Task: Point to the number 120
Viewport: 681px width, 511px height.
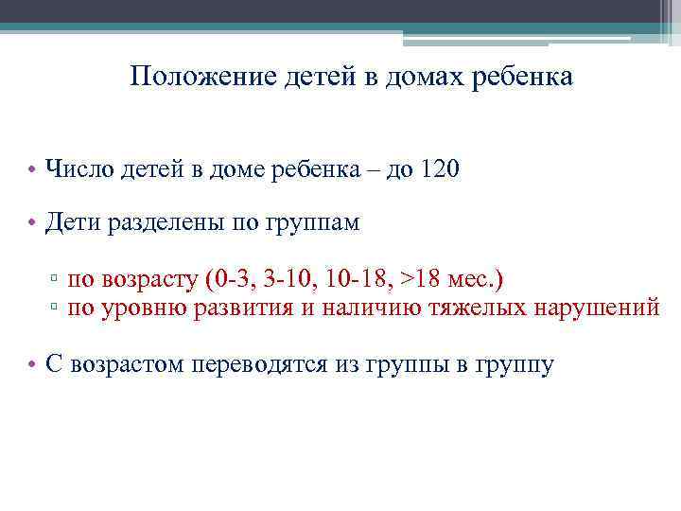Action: tap(437, 169)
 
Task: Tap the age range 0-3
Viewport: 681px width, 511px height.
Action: tap(230, 280)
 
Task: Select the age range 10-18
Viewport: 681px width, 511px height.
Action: tap(356, 280)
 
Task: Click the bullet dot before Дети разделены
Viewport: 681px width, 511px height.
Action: tap(32, 224)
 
